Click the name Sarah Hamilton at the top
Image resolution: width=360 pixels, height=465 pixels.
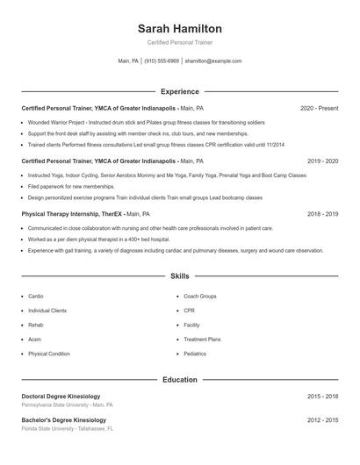179,28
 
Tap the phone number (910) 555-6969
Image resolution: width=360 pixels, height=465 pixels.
162,61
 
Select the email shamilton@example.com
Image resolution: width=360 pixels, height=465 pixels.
212,61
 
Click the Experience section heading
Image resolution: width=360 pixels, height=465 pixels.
179,91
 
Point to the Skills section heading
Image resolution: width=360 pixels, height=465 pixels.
179,275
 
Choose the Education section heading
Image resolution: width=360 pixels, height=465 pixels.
179,380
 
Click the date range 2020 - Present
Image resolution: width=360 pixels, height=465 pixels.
319,108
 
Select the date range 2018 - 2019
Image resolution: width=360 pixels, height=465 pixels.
322,213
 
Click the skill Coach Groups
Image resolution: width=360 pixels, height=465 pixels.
200,297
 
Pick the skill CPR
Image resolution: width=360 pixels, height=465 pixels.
189,311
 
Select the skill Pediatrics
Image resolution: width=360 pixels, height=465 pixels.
195,354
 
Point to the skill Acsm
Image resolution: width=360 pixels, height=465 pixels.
34,340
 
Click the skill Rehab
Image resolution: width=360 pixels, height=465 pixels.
36,325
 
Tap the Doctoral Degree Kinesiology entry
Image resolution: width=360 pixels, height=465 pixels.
61,397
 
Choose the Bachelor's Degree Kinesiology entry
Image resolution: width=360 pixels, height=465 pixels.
63,420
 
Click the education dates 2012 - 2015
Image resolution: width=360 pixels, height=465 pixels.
322,420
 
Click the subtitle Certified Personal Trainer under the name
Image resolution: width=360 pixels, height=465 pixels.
179,42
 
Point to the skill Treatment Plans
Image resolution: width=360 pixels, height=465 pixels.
202,340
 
